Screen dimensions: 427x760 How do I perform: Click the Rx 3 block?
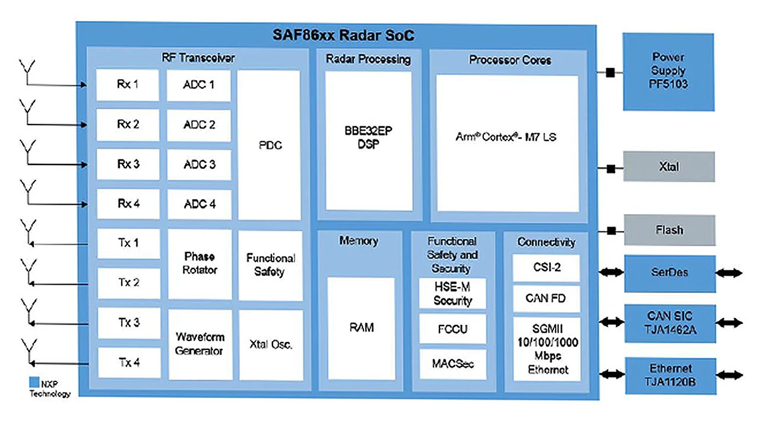click(128, 164)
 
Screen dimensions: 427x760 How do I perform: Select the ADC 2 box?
click(199, 125)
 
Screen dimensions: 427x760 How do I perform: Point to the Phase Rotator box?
click(199, 264)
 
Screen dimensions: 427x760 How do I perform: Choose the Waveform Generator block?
click(199, 344)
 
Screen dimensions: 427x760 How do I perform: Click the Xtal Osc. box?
click(271, 345)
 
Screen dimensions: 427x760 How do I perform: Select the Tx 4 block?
click(128, 362)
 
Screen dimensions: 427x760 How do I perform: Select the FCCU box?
click(452, 329)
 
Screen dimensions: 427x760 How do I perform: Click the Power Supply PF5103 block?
click(669, 71)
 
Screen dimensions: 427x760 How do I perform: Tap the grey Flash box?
click(669, 230)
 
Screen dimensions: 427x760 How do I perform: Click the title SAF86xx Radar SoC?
click(343, 36)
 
